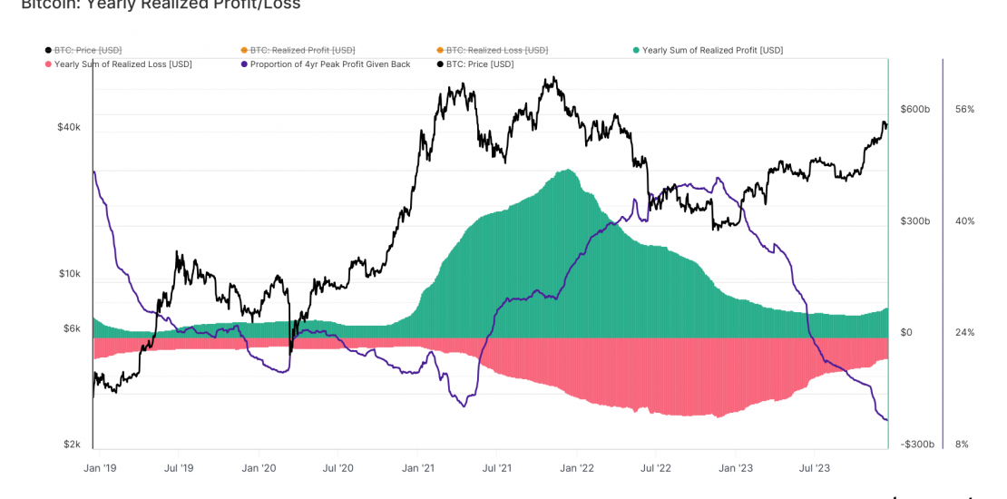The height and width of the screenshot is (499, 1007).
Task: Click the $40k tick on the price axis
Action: click(69, 127)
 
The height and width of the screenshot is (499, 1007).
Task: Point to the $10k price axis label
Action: click(69, 274)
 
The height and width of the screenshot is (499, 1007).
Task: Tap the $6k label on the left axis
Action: click(72, 328)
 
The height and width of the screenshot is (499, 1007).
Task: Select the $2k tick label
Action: click(72, 445)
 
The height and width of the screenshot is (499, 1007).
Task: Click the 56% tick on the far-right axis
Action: click(964, 109)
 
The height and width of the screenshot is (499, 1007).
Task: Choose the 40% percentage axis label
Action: click(964, 221)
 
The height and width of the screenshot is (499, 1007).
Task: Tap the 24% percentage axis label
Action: click(964, 333)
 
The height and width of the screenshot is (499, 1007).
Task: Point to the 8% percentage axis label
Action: click(962, 445)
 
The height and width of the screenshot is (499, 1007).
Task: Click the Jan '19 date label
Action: click(98, 468)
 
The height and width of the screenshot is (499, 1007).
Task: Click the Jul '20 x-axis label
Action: click(337, 468)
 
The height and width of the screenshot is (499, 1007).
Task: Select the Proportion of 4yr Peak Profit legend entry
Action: click(324, 64)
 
